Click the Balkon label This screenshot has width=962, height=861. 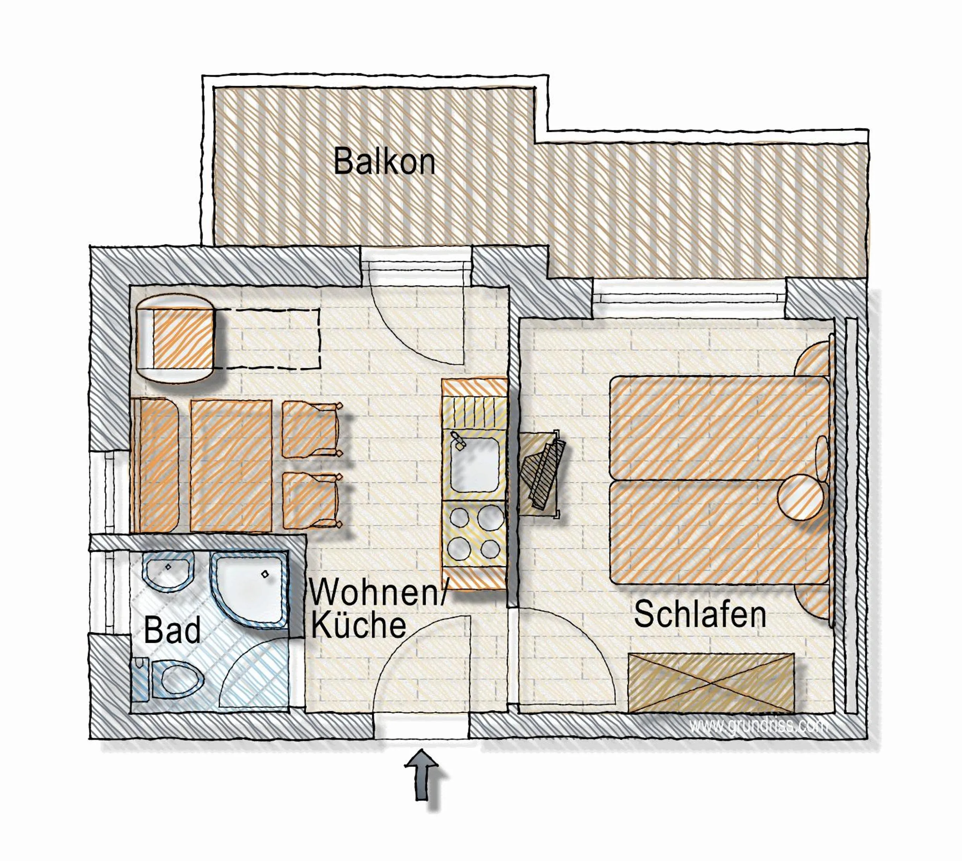384,162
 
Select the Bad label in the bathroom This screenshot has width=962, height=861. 172,631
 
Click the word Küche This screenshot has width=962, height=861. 358,625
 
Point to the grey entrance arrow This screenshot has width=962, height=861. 421,775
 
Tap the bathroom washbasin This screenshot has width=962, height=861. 169,570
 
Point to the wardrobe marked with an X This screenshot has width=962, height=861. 710,682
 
